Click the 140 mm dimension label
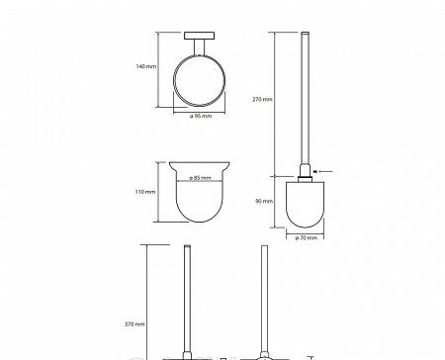point(146,66)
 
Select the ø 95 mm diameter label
point(201,116)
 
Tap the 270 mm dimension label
point(262,99)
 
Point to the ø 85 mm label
point(200,178)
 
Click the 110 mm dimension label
point(145,192)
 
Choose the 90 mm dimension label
point(264,201)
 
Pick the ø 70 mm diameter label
point(307,237)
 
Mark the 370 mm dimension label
point(134,324)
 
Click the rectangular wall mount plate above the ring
point(199,36)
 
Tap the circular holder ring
point(174,81)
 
